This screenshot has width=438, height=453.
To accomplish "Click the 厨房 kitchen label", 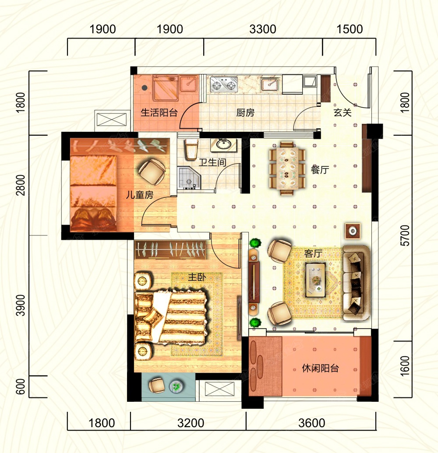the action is (x=245, y=112).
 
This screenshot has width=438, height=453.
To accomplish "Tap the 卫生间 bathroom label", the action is (x=212, y=162).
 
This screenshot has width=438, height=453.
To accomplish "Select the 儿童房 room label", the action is (x=140, y=195).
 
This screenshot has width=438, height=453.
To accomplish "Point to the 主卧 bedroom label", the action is (x=197, y=277).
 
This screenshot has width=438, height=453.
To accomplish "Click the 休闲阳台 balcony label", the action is (x=320, y=369).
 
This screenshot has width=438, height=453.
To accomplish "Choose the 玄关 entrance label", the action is (x=343, y=112).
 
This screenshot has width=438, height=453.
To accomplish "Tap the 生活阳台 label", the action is (x=159, y=112).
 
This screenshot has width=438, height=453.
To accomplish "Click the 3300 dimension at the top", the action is (x=262, y=29).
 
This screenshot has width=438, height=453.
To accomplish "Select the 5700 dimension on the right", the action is (x=405, y=235).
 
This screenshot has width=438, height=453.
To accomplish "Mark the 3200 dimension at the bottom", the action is (x=191, y=423).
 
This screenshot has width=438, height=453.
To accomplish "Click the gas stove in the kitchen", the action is (x=224, y=84).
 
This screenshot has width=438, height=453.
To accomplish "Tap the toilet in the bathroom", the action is (x=191, y=149).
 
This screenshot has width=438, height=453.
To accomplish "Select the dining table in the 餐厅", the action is (x=287, y=168).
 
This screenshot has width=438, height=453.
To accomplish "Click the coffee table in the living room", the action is (x=316, y=280).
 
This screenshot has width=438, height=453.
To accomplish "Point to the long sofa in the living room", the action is (x=356, y=283).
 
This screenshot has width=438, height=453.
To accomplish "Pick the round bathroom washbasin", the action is (x=223, y=144).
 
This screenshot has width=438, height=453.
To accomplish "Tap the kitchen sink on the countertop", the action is (x=270, y=85).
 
